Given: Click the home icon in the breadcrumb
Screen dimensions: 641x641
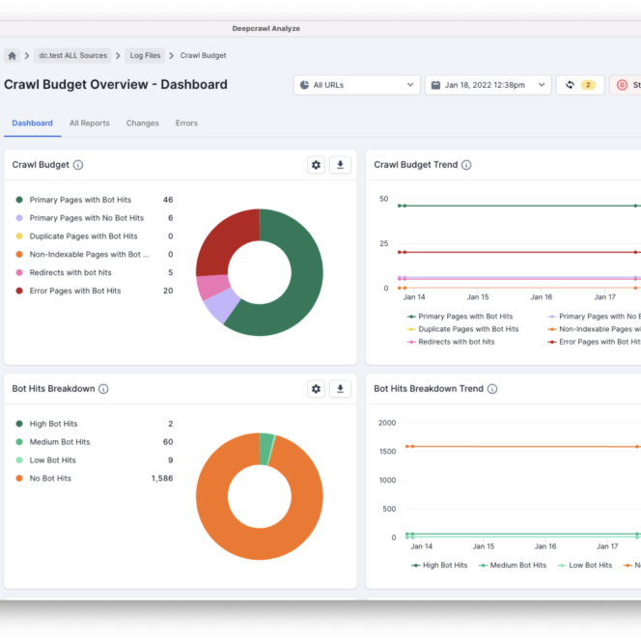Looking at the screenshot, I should (x=13, y=56).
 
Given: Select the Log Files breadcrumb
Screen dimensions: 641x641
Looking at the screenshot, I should (x=146, y=56).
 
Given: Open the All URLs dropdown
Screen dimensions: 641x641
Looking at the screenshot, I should (x=355, y=85).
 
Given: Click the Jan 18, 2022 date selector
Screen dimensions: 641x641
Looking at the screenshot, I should (x=488, y=85).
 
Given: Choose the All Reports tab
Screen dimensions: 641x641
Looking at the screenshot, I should (x=89, y=124).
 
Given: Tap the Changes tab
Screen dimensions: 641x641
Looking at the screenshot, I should (x=142, y=124).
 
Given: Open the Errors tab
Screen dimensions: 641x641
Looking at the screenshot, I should (x=186, y=124).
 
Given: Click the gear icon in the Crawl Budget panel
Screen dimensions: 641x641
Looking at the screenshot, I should (x=316, y=165).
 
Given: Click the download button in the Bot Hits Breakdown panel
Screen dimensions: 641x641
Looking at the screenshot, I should (x=340, y=389).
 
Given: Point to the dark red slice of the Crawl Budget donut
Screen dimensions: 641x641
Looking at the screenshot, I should (x=225, y=241).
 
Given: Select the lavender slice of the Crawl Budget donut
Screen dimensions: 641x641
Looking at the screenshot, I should (x=222, y=306).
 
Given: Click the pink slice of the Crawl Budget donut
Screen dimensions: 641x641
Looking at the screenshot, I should (x=212, y=287).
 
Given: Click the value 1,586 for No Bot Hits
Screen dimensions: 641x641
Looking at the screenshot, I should (x=162, y=479).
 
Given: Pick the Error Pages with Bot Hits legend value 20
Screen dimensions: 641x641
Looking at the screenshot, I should (x=168, y=291).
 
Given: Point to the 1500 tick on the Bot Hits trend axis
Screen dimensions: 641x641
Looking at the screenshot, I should (x=386, y=452).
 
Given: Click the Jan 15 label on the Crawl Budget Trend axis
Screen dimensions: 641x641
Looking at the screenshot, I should (x=478, y=297).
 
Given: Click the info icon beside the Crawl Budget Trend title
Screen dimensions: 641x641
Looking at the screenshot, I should (x=466, y=165).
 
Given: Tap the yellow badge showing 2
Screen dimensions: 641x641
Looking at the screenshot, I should (x=588, y=85).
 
